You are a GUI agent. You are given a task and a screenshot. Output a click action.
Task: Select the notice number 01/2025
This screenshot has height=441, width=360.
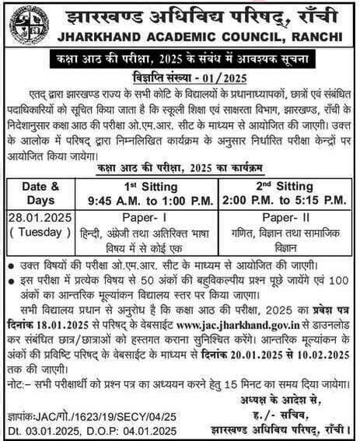(x=204, y=78)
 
